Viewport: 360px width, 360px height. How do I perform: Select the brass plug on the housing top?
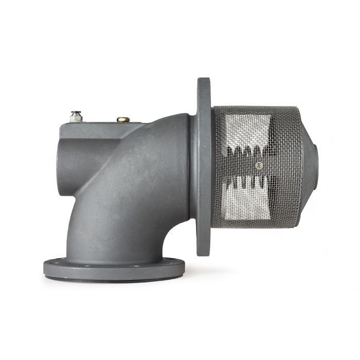pos(123,120)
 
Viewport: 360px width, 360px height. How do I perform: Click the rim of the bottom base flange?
pos(113,269)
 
